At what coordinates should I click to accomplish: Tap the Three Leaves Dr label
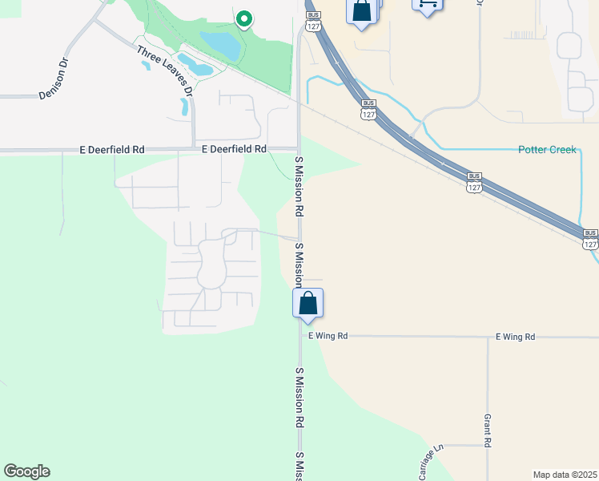[x=165, y=71]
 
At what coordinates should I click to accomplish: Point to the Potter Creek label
[x=547, y=149]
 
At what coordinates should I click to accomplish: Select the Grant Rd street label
[x=487, y=430]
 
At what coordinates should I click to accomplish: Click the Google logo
[x=26, y=471]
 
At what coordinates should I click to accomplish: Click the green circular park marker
[x=243, y=18]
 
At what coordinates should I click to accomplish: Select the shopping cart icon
[x=427, y=4]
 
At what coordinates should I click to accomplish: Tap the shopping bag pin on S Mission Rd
[x=308, y=304]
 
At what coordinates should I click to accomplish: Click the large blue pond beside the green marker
[x=220, y=45]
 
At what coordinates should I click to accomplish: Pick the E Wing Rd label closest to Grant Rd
[x=515, y=337]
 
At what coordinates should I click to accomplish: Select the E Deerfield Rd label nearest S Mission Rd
[x=234, y=149]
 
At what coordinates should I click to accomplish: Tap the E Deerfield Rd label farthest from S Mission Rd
[x=112, y=149]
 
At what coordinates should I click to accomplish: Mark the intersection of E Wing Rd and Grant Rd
[x=488, y=338]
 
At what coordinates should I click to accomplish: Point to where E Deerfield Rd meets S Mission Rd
[x=299, y=150]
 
